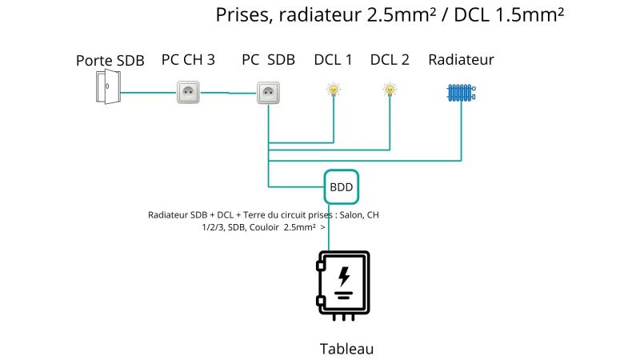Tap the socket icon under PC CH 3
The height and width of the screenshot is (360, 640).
tap(188, 92)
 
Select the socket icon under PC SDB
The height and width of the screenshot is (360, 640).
tap(268, 92)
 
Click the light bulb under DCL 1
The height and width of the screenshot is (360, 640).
tap(333, 90)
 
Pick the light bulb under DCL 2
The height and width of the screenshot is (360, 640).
tap(390, 90)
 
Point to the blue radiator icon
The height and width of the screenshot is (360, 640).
tap(462, 93)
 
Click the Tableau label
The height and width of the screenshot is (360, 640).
tap(346, 349)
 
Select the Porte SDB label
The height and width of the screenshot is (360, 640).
tap(110, 61)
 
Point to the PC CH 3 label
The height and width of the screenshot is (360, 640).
tap(188, 59)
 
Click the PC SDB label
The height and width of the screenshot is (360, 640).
tap(268, 59)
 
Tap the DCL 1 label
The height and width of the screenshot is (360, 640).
tap(333, 59)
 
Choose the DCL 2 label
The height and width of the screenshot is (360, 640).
tap(390, 59)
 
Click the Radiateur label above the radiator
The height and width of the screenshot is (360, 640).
tap(461, 59)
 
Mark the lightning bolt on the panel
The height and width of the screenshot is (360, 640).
tap(344, 277)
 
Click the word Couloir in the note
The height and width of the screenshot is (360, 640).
tap(272, 227)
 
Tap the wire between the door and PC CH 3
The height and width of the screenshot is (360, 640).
tap(148, 92)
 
